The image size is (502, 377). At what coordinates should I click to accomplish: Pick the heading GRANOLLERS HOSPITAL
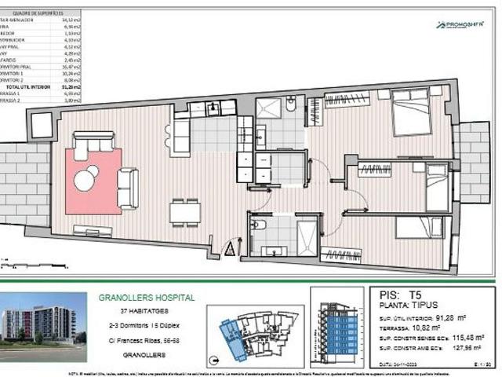[147, 298]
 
